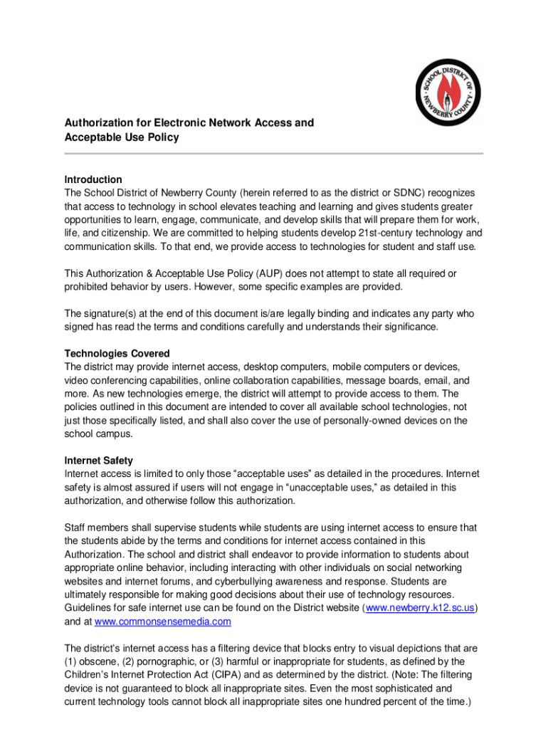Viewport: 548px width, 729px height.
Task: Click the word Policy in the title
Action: (x=162, y=137)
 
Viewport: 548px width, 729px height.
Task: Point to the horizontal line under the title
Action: (x=274, y=153)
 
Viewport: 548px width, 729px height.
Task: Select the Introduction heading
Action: (x=93, y=179)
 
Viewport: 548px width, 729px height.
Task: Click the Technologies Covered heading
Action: (x=117, y=353)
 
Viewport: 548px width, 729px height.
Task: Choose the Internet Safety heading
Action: (x=98, y=461)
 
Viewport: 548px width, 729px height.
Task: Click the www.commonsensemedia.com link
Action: (x=163, y=621)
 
